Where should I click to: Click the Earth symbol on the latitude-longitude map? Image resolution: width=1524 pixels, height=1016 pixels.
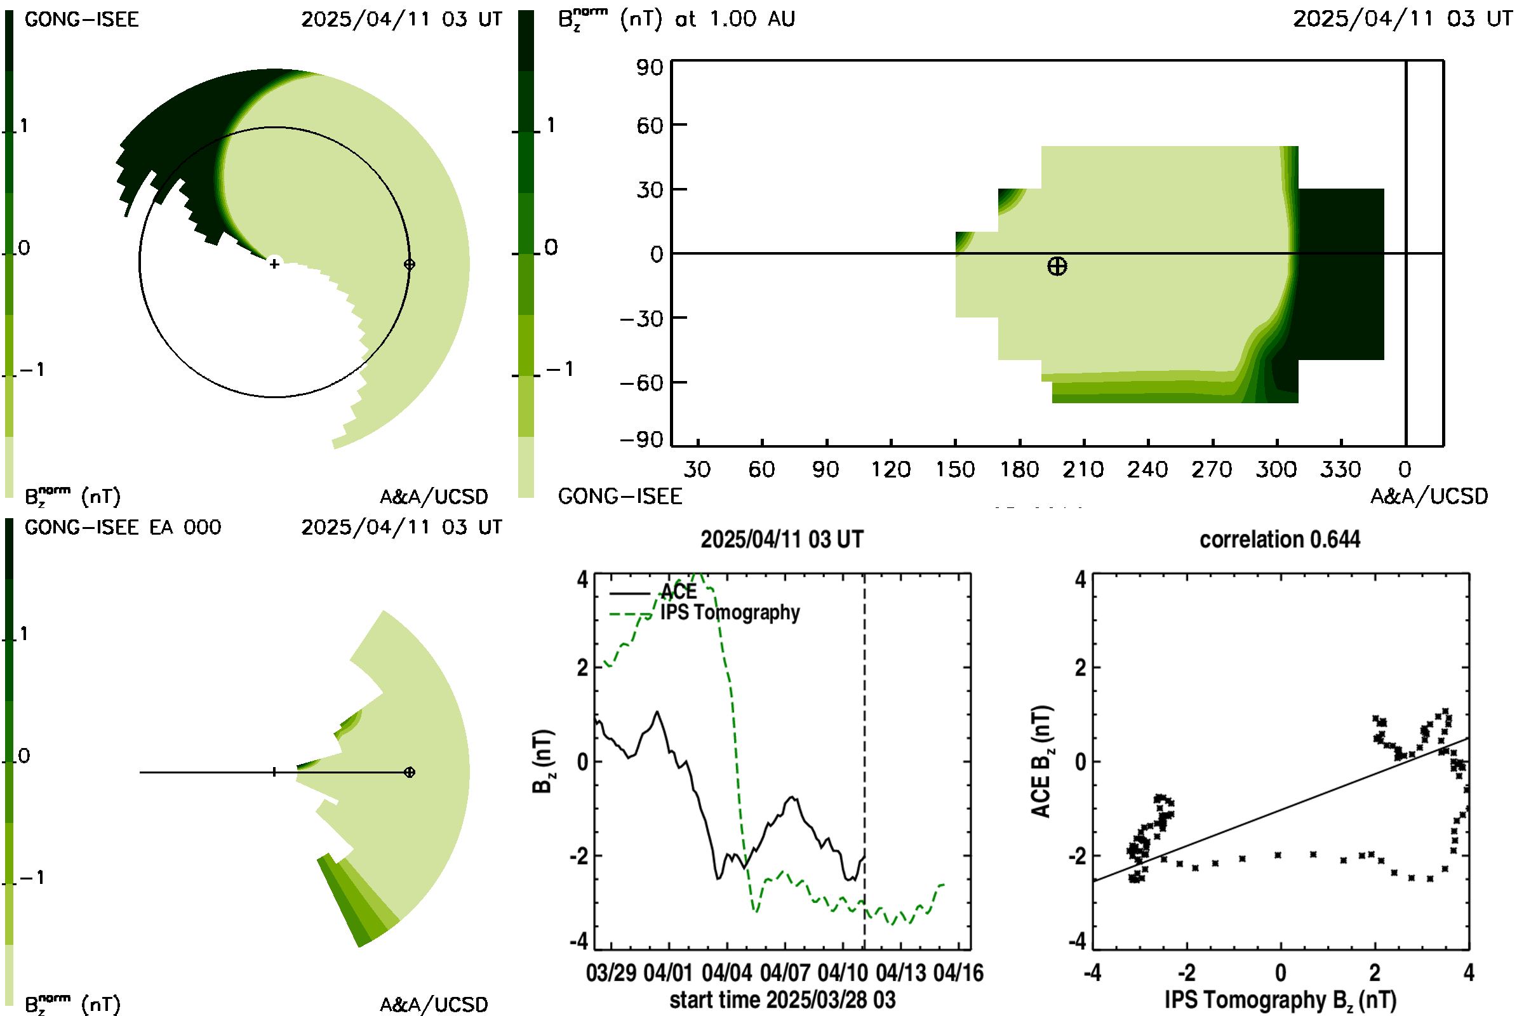pyautogui.click(x=1057, y=266)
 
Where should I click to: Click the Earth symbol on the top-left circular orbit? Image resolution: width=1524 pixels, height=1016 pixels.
pyautogui.click(x=409, y=264)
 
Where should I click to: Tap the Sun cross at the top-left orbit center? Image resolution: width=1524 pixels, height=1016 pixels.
pyautogui.click(x=274, y=264)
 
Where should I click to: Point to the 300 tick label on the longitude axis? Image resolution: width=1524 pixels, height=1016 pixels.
pyautogui.click(x=1276, y=469)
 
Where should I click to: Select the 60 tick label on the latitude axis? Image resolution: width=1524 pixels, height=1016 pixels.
pyautogui.click(x=650, y=125)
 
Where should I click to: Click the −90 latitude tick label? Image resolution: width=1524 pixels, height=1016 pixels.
pyautogui.click(x=641, y=440)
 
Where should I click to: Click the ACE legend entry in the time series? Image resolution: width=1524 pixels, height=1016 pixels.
pyautogui.click(x=653, y=592)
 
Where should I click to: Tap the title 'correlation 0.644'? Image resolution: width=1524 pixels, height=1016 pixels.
pyautogui.click(x=1280, y=539)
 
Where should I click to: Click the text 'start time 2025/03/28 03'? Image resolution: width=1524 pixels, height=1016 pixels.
pyautogui.click(x=783, y=999)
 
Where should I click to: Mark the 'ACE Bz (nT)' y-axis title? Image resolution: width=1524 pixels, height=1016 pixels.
pyautogui.click(x=1041, y=761)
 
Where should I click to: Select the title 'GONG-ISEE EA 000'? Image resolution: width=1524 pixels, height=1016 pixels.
pyautogui.click(x=123, y=528)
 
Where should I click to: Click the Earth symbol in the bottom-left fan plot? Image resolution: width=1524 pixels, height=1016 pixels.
pyautogui.click(x=409, y=772)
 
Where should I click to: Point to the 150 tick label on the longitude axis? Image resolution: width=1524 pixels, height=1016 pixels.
pyautogui.click(x=954, y=469)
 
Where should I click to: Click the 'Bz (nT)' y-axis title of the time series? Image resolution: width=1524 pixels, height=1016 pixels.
pyautogui.click(x=543, y=761)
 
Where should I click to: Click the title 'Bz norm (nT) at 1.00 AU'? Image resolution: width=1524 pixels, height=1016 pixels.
pyautogui.click(x=676, y=19)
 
